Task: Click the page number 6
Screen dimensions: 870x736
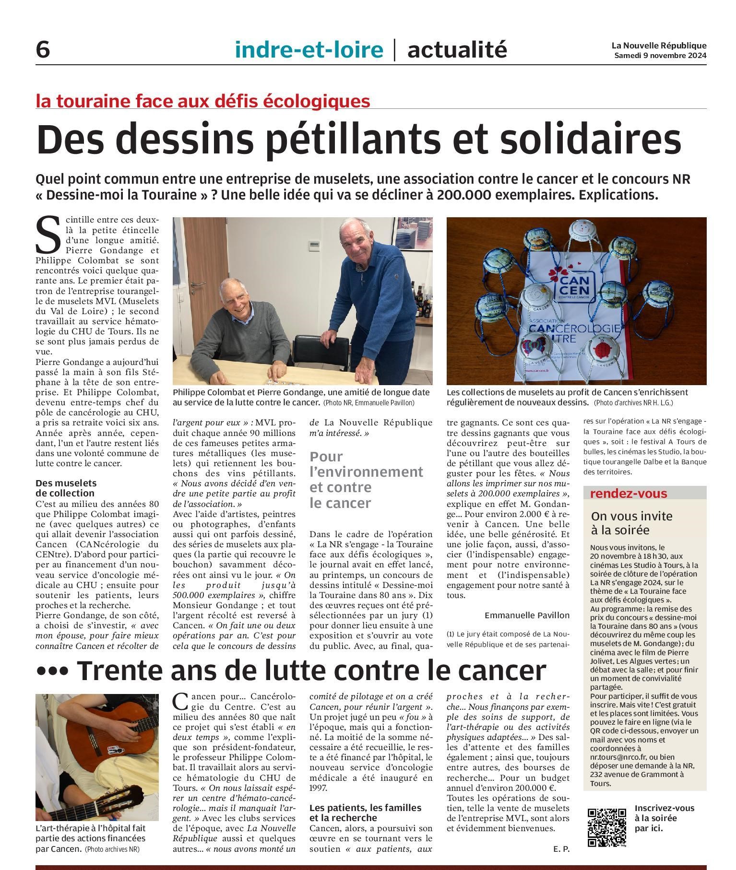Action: (x=43, y=49)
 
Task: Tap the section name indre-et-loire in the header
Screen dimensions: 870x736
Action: (x=309, y=49)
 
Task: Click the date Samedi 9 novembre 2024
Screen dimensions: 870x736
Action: (x=660, y=56)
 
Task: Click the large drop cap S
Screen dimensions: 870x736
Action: (x=48, y=235)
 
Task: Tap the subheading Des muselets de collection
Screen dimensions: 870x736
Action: (x=66, y=488)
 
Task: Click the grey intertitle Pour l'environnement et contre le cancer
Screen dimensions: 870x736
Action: (x=366, y=480)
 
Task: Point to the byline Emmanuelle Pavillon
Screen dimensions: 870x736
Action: (x=527, y=615)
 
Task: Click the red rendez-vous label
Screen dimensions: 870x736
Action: (x=621, y=494)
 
